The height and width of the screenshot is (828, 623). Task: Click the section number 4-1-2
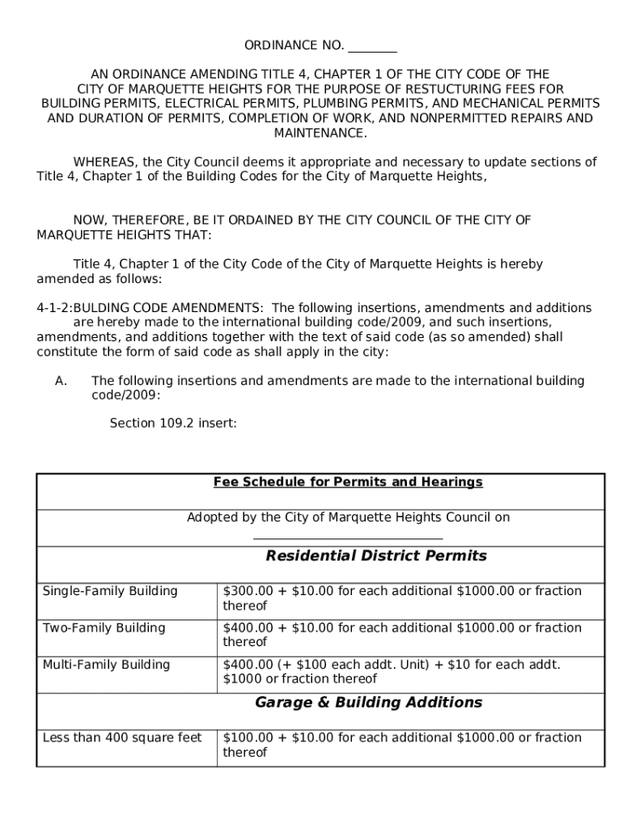coord(53,308)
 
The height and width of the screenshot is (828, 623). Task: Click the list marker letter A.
coord(61,381)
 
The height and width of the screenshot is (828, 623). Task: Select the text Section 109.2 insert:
coord(173,423)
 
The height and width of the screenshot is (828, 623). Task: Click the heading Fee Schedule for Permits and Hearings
coord(348,482)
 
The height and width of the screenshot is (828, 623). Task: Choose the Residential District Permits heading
coord(376,556)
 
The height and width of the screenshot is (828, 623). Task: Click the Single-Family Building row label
coord(110,591)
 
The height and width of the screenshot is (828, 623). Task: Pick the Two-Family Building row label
coord(104,628)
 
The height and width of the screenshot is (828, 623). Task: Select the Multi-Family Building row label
coord(106,665)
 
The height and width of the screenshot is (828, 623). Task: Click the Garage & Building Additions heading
coord(368,703)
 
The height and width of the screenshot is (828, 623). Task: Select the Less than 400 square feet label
coord(122,737)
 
